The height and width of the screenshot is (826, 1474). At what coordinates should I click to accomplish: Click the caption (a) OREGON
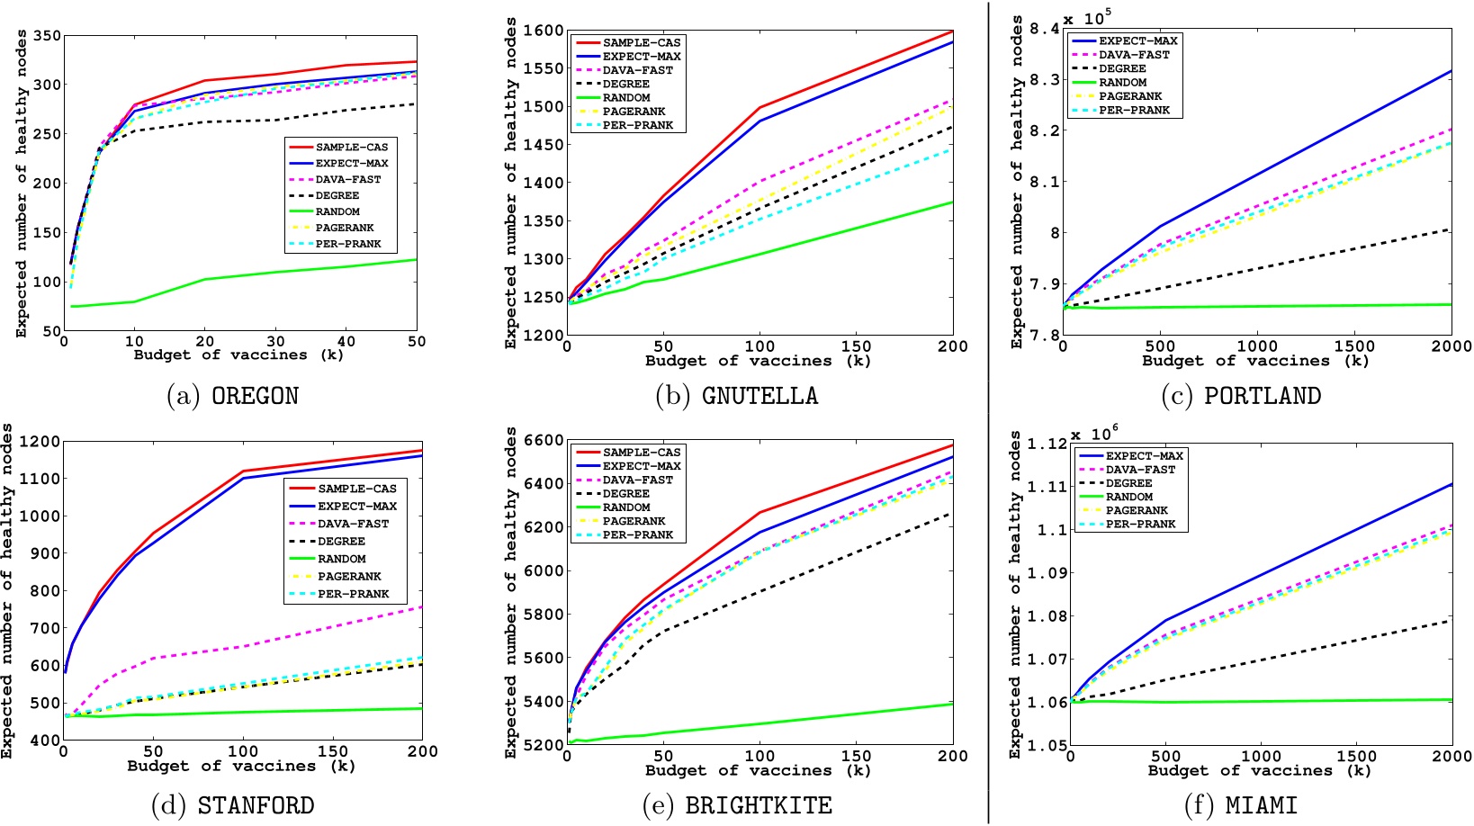tap(232, 396)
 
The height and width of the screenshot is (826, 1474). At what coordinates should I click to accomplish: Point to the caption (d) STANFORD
tap(232, 805)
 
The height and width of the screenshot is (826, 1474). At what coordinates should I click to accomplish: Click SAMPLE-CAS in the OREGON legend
tap(352, 148)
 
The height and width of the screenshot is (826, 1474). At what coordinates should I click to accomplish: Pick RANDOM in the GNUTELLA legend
tap(626, 98)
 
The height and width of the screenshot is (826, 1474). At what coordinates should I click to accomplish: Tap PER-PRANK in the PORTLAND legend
tap(1134, 111)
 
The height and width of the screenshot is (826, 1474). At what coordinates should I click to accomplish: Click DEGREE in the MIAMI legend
tap(1128, 483)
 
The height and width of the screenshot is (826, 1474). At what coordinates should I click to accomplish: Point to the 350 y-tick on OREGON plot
tap(47, 36)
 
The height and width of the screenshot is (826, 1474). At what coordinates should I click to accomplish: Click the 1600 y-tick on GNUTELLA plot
tap(543, 31)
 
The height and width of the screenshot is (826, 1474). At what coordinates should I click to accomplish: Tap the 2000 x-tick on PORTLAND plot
tap(1451, 346)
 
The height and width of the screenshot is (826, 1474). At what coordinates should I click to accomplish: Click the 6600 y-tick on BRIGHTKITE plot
tap(543, 441)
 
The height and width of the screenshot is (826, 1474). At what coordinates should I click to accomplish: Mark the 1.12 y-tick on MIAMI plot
tap(1048, 444)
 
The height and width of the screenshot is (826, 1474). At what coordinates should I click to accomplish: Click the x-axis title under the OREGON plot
tap(238, 355)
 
